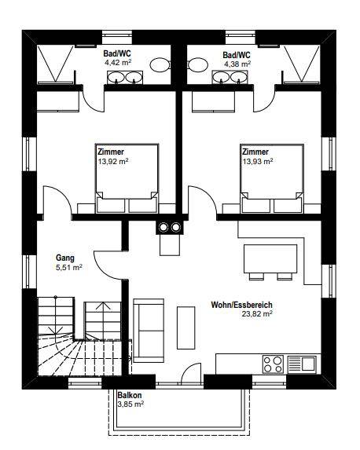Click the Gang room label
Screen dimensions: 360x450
[65, 258]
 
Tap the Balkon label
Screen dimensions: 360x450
[130, 395]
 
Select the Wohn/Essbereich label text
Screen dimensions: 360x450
[241, 305]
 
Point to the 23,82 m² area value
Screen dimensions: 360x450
[257, 313]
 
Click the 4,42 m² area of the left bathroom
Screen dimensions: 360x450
[118, 63]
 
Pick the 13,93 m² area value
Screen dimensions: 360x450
[258, 161]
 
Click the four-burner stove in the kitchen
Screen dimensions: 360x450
[273, 364]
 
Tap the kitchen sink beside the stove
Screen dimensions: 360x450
[302, 364]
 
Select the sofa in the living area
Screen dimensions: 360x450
[149, 331]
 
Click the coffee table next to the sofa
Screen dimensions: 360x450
[186, 327]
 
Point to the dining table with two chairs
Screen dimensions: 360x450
[270, 262]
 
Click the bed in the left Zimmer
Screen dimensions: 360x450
[127, 178]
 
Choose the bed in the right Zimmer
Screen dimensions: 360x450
[272, 178]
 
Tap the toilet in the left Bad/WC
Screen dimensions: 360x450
[160, 64]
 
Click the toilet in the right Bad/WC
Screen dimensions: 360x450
[198, 64]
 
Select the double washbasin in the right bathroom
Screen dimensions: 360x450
[230, 77]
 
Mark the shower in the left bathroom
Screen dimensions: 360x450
[57, 64]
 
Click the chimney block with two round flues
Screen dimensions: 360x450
[169, 228]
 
